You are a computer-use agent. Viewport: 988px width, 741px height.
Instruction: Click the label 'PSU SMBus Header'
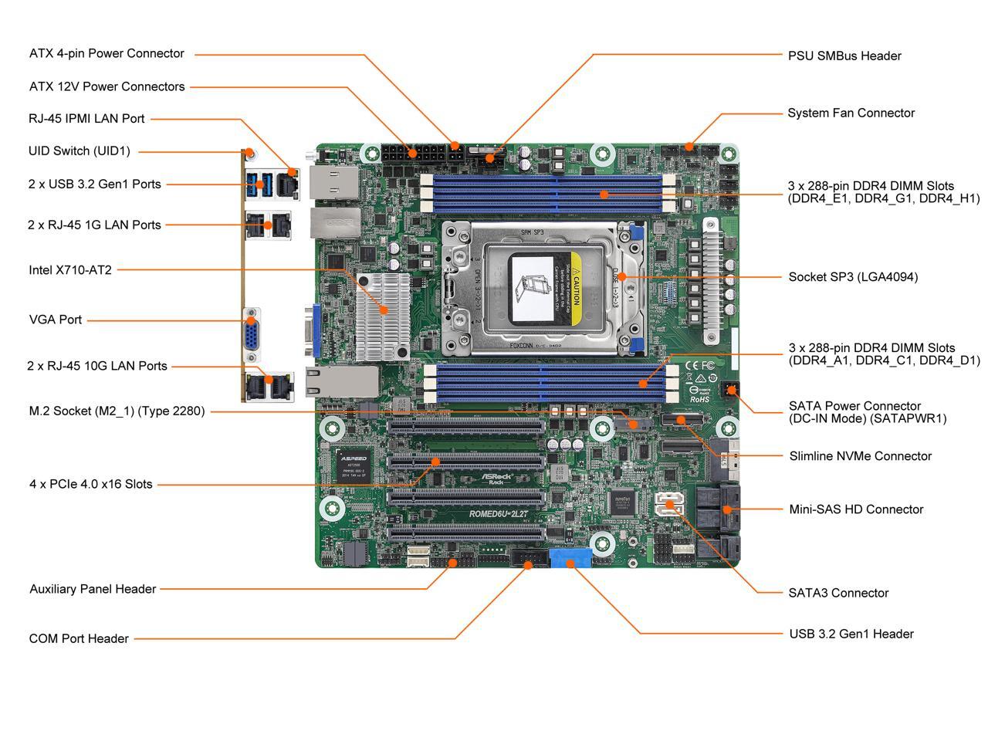(x=844, y=56)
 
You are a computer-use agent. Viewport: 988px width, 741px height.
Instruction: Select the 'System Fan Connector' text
(x=851, y=113)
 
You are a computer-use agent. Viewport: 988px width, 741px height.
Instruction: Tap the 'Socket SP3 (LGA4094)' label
(x=853, y=277)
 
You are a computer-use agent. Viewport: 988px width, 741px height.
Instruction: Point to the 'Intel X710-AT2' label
(x=70, y=270)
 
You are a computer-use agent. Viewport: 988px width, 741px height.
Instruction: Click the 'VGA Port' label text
(x=56, y=320)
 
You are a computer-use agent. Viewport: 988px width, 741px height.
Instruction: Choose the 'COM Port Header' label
(x=79, y=638)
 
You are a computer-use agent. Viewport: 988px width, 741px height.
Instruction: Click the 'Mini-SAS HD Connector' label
(x=856, y=509)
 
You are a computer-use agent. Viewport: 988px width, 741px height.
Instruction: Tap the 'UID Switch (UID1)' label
(x=80, y=151)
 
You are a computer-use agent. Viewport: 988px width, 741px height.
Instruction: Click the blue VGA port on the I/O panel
(x=252, y=335)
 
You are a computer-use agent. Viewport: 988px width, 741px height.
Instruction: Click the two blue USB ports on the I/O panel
(x=259, y=183)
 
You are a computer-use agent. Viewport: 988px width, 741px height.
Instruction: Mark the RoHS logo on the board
(x=699, y=399)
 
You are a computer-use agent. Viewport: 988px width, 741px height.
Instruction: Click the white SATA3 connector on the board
(x=669, y=506)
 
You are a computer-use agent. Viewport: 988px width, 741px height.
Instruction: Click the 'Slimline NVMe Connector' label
(x=860, y=456)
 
